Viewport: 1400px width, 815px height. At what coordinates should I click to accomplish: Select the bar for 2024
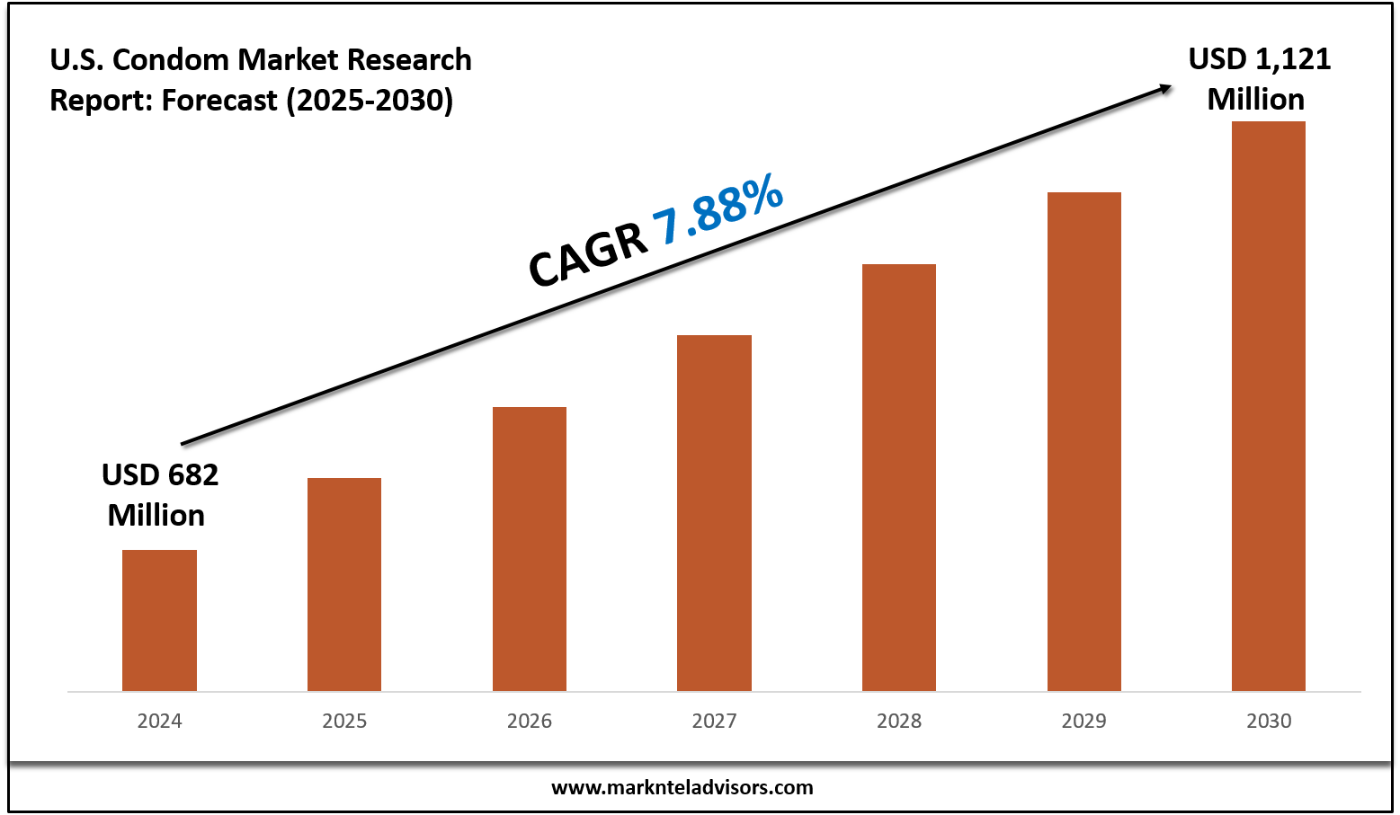tap(159, 620)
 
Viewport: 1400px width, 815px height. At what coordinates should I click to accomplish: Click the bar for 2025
tap(344, 584)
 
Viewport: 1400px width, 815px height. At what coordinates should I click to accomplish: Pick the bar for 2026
tap(530, 548)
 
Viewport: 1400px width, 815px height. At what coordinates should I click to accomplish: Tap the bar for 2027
tap(714, 512)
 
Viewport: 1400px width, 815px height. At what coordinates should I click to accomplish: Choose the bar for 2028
tap(899, 477)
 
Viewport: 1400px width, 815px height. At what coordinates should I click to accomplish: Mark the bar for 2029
tap(1084, 441)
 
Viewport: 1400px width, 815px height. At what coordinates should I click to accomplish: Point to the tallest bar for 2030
tap(1269, 406)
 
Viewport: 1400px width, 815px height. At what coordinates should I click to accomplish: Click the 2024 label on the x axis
tap(159, 721)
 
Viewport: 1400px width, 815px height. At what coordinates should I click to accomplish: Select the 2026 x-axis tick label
tap(530, 721)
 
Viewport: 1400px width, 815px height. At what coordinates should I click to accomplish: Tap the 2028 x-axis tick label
tap(899, 721)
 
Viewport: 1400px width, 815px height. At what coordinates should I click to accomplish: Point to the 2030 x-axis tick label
tap(1269, 721)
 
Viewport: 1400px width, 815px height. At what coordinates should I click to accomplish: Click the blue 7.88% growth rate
tap(718, 212)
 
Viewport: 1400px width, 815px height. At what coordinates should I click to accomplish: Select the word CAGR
tap(588, 256)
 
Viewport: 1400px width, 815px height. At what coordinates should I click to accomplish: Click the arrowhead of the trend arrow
tap(1164, 88)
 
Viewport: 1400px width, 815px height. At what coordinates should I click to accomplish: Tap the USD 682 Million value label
tap(159, 494)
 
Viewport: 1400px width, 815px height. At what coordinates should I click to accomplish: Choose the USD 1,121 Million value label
tap(1258, 79)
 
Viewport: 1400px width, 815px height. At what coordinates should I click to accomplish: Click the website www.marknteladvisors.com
tap(682, 788)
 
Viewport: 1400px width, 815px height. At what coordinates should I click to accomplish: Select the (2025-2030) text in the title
tap(370, 100)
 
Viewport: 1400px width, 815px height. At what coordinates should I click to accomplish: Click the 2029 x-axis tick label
tap(1084, 721)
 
